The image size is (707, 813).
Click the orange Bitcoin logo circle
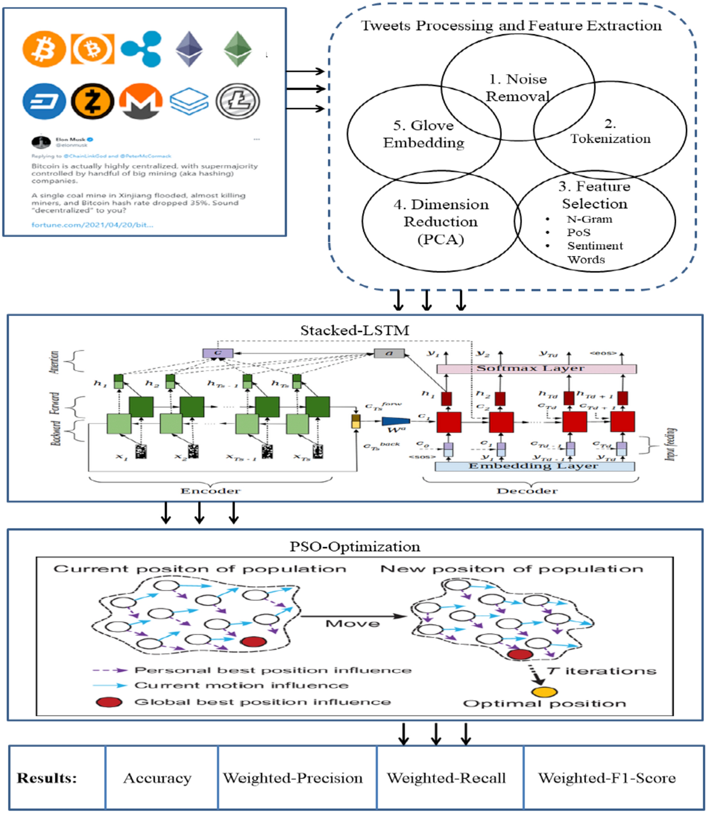(x=44, y=49)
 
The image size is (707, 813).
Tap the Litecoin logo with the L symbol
(x=238, y=101)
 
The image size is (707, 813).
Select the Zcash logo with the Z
(x=92, y=101)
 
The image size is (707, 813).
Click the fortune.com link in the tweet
(x=92, y=225)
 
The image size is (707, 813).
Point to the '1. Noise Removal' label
(x=518, y=88)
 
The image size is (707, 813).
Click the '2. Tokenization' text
(x=610, y=132)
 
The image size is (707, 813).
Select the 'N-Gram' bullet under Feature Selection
(x=589, y=219)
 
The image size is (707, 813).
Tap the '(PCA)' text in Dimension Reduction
(x=440, y=239)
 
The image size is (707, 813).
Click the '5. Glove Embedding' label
(x=423, y=134)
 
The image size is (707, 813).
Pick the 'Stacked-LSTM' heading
(x=354, y=330)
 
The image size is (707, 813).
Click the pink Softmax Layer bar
(x=536, y=368)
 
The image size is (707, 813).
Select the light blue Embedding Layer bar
(x=534, y=466)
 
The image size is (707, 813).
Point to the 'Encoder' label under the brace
(x=210, y=491)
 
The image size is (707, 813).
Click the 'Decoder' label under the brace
(x=527, y=491)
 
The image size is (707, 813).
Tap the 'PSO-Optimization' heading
(x=354, y=546)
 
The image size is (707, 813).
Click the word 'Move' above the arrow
(x=352, y=623)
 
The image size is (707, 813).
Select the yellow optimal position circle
(x=544, y=692)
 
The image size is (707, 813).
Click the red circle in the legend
(x=109, y=702)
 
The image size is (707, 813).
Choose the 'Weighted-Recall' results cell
(x=446, y=777)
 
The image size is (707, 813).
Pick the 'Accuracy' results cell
(x=157, y=777)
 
